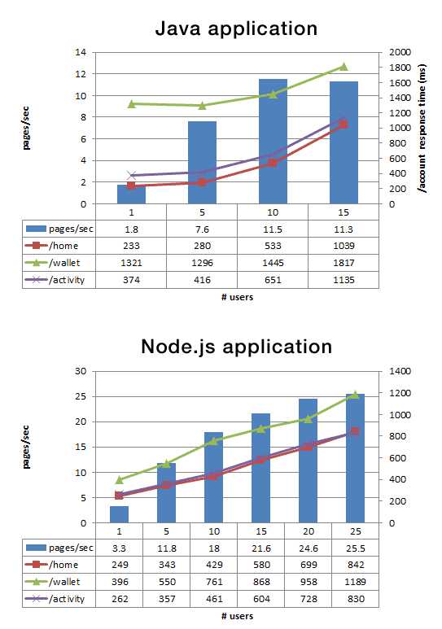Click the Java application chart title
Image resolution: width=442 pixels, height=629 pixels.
point(237,28)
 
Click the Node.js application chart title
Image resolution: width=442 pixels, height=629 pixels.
point(237,346)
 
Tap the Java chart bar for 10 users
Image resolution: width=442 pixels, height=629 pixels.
point(273,142)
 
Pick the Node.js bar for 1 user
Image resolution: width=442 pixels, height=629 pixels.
point(119,514)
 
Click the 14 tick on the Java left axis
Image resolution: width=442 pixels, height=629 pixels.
point(80,53)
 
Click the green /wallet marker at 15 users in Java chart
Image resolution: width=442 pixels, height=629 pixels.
point(344,67)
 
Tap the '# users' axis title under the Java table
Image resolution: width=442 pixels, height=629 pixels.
point(237,297)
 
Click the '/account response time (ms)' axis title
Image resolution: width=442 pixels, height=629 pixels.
point(422,130)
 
